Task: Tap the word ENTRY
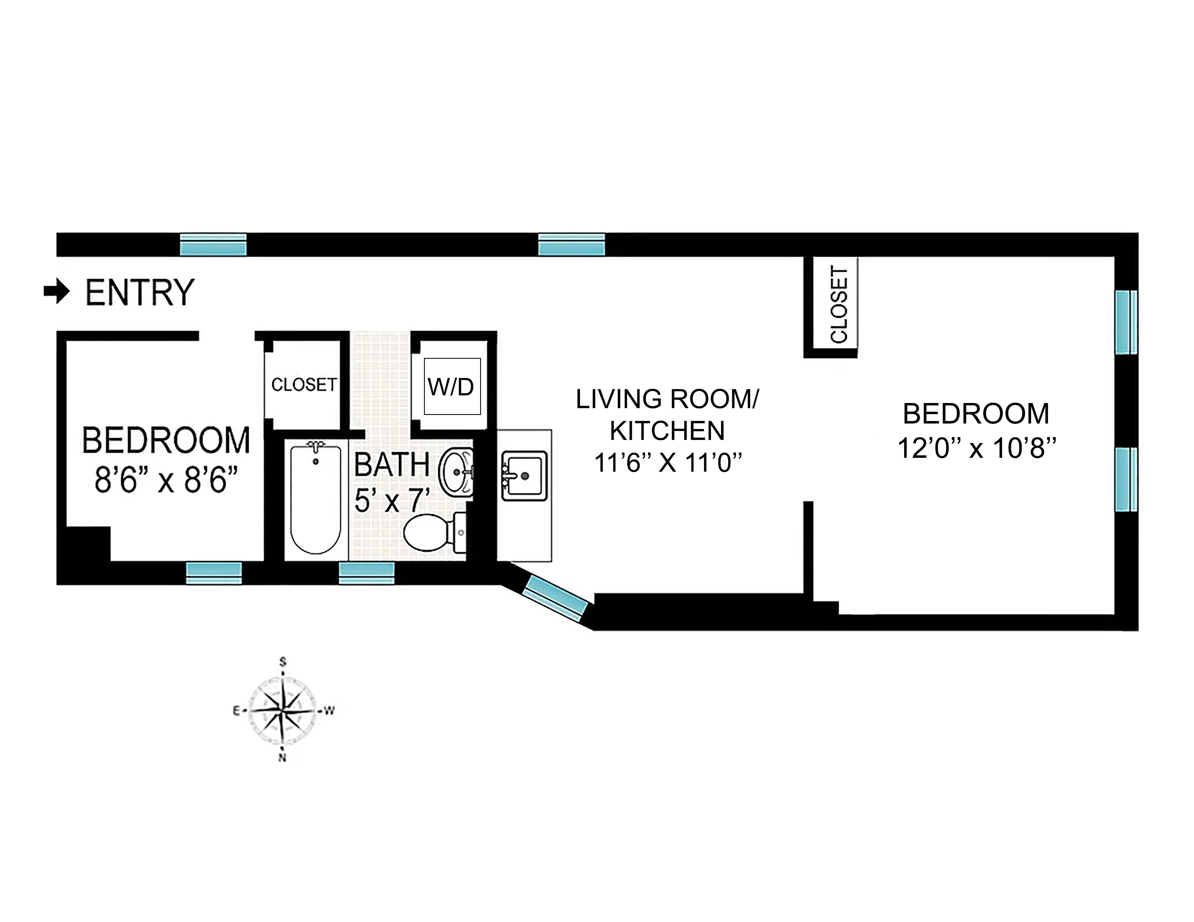[x=140, y=293]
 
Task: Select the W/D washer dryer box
[x=452, y=387]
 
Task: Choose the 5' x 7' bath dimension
[x=392, y=500]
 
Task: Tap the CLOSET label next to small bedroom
[x=304, y=385]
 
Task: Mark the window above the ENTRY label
[x=213, y=245]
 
